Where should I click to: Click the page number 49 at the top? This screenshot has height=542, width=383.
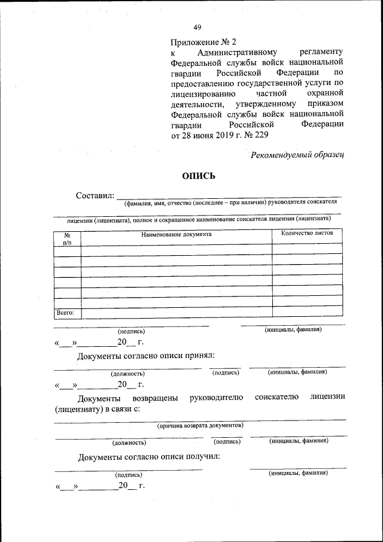click(x=197, y=27)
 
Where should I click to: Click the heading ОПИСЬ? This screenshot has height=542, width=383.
click(x=198, y=175)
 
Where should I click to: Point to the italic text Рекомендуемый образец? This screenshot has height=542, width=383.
click(x=298, y=155)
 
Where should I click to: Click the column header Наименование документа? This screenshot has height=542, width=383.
click(x=177, y=234)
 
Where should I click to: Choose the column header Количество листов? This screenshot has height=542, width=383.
click(x=307, y=232)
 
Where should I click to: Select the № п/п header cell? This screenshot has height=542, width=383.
click(x=67, y=238)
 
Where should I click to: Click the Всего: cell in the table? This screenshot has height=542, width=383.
click(x=65, y=313)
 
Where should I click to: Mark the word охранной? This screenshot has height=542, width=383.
click(x=324, y=94)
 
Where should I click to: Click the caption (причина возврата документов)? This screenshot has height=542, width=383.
click(x=200, y=426)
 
